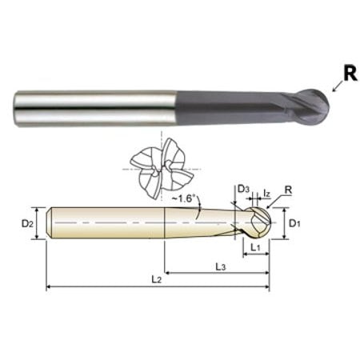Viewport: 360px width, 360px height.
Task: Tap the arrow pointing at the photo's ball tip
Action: (335, 90)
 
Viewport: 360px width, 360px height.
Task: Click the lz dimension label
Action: (267, 193)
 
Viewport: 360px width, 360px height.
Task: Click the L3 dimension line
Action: (192, 272)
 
